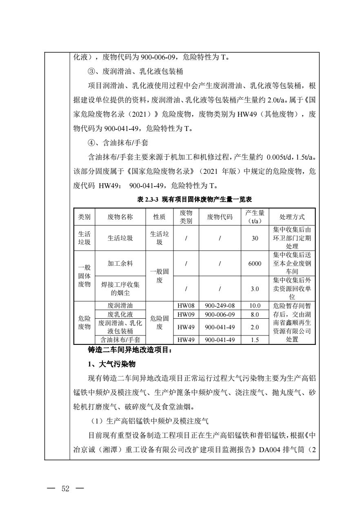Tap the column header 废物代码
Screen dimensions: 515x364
click(220, 217)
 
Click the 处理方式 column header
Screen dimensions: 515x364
click(292, 217)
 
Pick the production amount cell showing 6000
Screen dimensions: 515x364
click(255, 264)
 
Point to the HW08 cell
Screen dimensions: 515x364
click(185, 305)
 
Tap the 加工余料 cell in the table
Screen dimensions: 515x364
click(120, 264)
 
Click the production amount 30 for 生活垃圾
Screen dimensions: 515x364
click(255, 238)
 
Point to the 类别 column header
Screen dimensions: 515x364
click(84, 217)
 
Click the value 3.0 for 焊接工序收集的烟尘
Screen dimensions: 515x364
click(255, 289)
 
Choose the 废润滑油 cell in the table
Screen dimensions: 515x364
click(120, 305)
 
